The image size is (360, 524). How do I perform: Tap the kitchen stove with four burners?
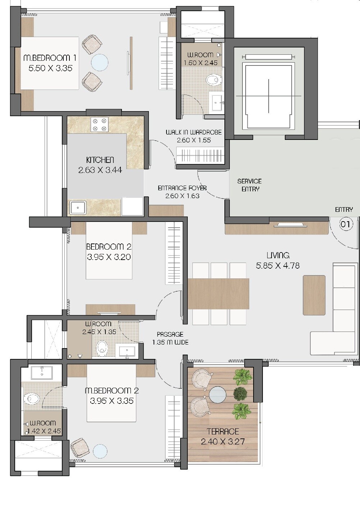[x=100, y=124]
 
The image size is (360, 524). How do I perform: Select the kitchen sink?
[x=78, y=208]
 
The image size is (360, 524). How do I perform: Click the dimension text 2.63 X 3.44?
[x=100, y=170]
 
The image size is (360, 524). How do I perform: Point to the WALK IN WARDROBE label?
[x=193, y=132]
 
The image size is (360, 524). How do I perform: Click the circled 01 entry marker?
[x=345, y=225]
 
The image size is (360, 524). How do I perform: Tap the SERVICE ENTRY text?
[x=250, y=185]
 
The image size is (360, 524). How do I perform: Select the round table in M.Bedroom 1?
[x=100, y=63]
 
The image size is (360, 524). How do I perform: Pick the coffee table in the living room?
[x=314, y=295]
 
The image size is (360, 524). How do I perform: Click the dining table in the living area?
[x=218, y=293]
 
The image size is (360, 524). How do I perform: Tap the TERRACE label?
[x=223, y=431]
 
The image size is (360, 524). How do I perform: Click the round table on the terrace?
[x=218, y=395]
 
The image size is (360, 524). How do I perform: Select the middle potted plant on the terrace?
[x=240, y=394]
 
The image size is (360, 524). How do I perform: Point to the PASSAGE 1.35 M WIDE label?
[x=170, y=338]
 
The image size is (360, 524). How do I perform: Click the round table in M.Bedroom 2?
[x=100, y=451]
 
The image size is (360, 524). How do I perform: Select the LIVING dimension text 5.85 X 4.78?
[x=278, y=266]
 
